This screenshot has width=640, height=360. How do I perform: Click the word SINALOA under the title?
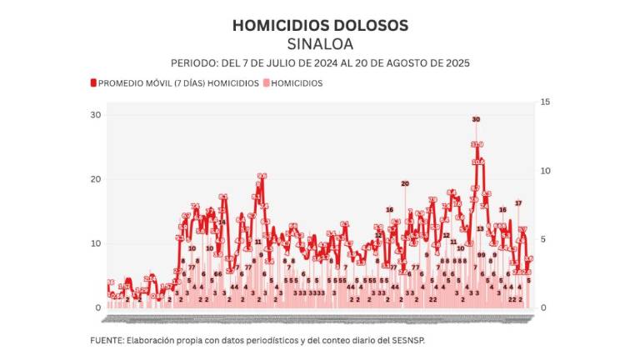(x=320, y=43)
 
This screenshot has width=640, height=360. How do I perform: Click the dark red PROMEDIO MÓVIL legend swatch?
(x=93, y=83)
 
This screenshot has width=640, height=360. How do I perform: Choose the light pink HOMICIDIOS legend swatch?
(x=267, y=83)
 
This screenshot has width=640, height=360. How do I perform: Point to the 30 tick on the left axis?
(x=97, y=115)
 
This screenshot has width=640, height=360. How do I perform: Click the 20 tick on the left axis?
(x=97, y=179)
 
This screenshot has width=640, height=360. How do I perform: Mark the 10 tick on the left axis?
(x=97, y=243)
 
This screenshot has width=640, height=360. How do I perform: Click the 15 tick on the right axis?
(x=545, y=102)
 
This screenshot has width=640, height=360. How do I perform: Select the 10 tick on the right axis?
(x=545, y=171)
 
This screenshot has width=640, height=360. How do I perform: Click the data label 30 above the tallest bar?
(x=476, y=120)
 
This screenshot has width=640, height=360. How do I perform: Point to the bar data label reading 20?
(x=405, y=183)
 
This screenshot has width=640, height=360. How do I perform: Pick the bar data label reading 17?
(x=517, y=203)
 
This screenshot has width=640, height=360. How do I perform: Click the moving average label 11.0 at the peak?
(x=477, y=145)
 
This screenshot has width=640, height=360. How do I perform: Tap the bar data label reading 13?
(x=480, y=229)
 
